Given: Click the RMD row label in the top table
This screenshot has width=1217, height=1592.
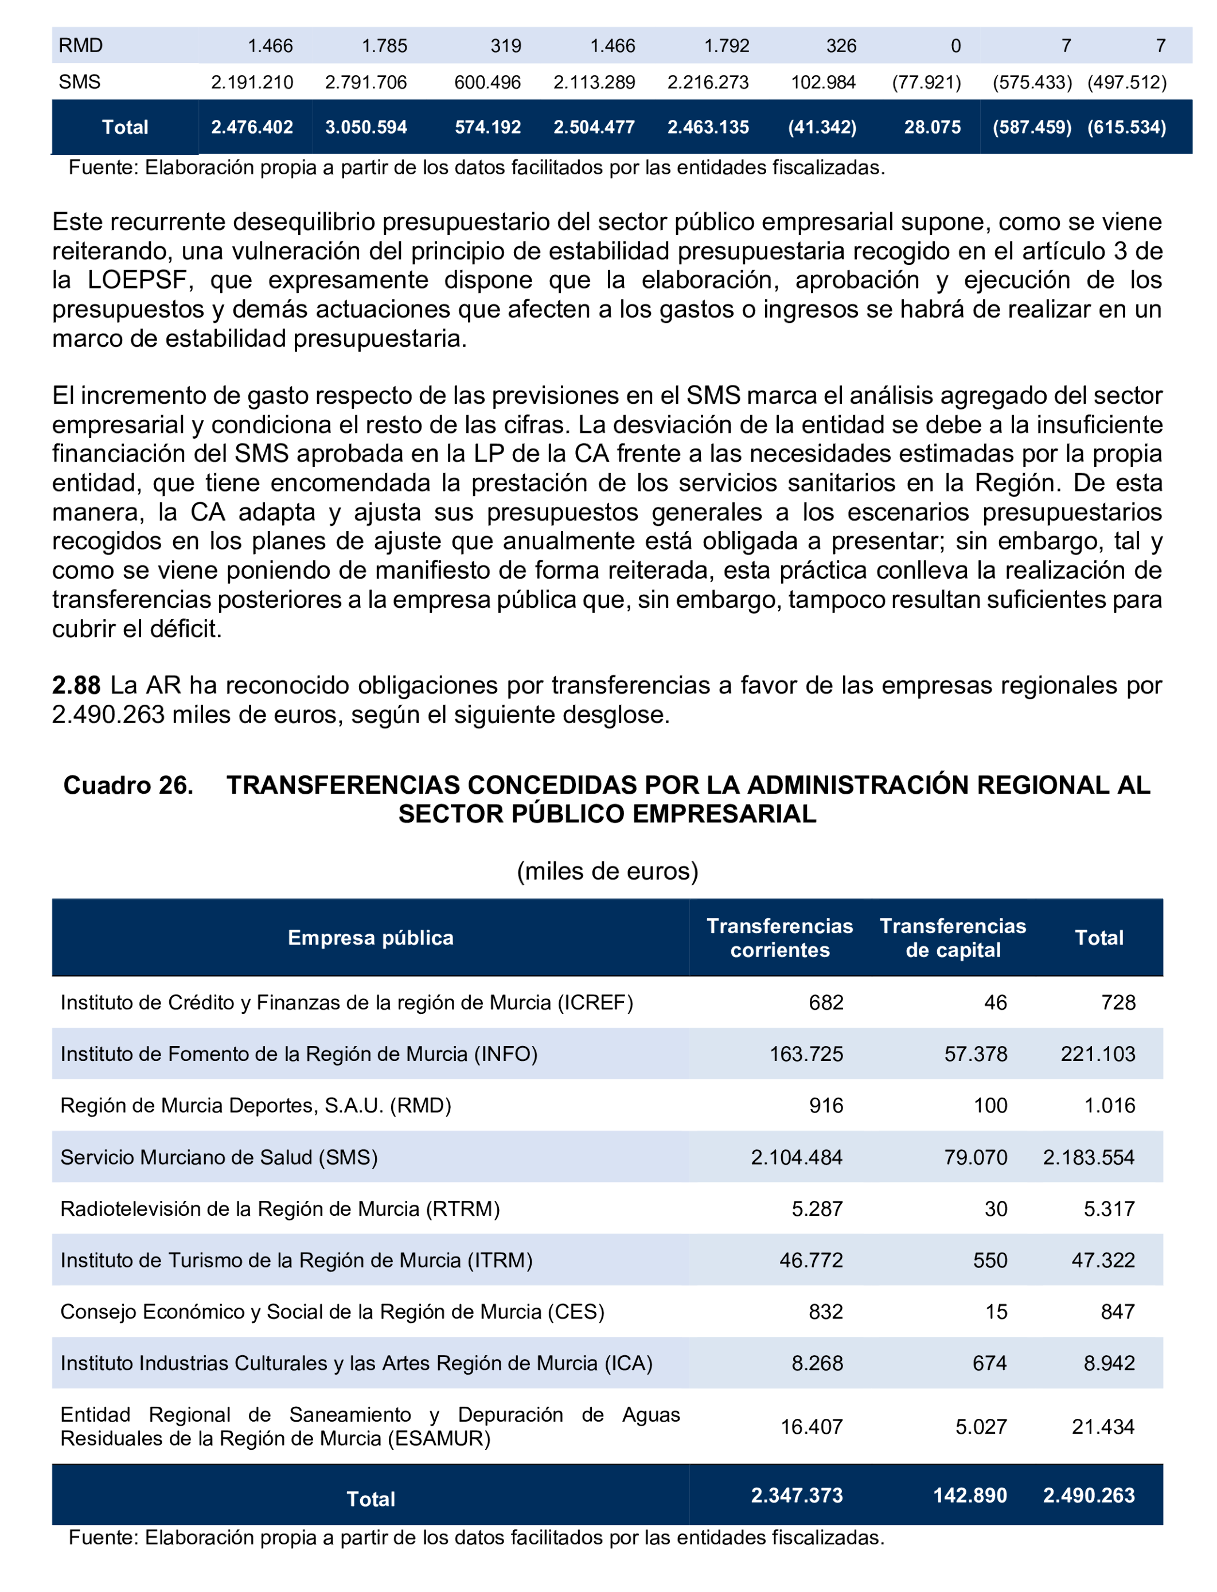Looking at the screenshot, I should coord(80,46).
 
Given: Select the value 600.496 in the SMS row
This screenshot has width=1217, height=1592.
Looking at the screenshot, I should coord(487,83).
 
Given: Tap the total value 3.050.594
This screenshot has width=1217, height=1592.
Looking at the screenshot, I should coord(366,127).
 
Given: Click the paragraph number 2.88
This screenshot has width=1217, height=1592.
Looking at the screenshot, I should coord(76,685).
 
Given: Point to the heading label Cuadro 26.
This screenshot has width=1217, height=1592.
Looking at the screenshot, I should coord(128,785).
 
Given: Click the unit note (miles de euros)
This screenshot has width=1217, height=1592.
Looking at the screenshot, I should coord(607,871).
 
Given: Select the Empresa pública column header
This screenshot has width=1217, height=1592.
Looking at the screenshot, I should coord(370,938).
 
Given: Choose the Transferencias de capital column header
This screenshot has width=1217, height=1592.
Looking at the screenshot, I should coord(953,938).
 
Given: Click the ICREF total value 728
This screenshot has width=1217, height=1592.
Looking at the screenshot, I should coord(1118,1002).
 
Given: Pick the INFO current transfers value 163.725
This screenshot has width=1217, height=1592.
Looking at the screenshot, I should coord(806,1054).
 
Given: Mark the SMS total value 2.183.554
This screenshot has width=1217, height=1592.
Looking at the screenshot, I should coord(1088,1157).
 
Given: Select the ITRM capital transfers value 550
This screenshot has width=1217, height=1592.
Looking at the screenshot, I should coord(989,1261).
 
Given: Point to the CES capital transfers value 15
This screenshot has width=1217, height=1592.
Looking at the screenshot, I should coord(996,1312).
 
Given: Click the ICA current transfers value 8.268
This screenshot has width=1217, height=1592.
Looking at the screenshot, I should coord(817,1363).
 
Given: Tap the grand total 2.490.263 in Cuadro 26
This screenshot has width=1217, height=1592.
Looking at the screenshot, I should coord(1088,1496).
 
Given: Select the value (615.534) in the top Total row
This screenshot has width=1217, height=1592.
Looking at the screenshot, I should coord(1126,127).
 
